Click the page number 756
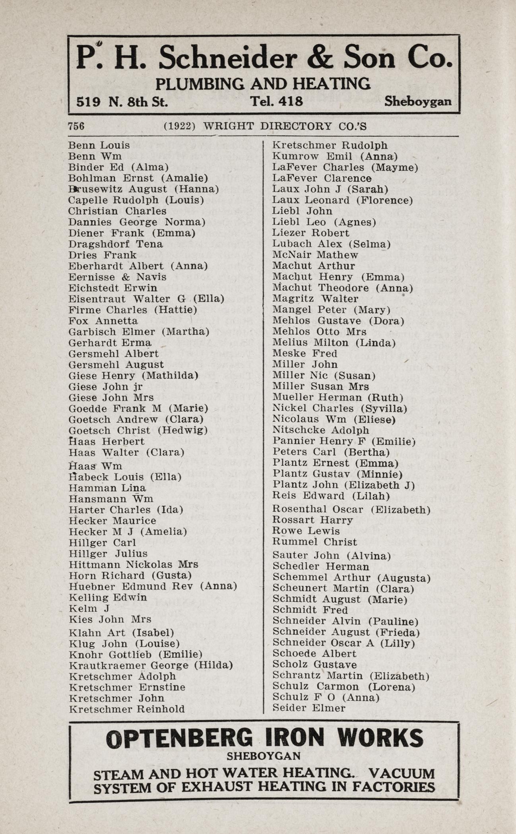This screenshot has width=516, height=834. click(x=76, y=126)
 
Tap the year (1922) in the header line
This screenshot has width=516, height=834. click(x=180, y=126)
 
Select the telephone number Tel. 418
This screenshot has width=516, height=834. click(x=276, y=102)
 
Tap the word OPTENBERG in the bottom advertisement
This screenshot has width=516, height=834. click(x=179, y=739)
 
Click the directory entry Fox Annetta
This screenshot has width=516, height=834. click(x=103, y=321)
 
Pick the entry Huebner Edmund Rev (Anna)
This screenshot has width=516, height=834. click(x=153, y=586)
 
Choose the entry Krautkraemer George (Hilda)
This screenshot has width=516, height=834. click(x=151, y=665)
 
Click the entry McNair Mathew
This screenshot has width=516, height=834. click(x=315, y=255)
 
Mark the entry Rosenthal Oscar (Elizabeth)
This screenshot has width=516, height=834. click(x=351, y=509)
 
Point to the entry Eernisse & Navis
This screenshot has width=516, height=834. click(x=117, y=277)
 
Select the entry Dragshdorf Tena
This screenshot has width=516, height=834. click(x=115, y=244)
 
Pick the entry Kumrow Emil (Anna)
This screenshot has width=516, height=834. click(x=335, y=156)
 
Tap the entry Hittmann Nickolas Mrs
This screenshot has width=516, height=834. click(x=133, y=564)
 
